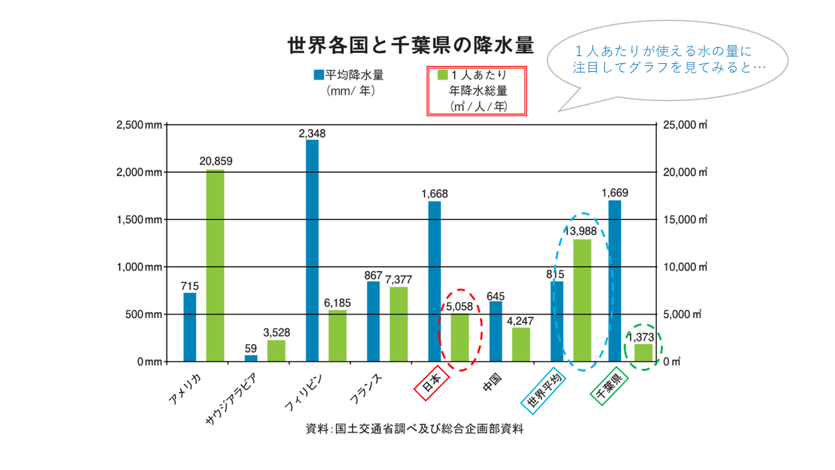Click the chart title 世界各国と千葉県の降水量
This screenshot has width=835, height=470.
[411, 46]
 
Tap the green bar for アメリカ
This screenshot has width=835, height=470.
[215, 265]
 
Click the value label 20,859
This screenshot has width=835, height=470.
[216, 161]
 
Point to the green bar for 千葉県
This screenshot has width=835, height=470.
[643, 352]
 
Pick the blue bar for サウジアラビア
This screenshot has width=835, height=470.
[251, 358]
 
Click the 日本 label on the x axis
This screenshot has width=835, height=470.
[432, 386]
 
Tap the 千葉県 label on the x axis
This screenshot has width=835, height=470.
[609, 389]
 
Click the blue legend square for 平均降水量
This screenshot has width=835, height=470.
[318, 74]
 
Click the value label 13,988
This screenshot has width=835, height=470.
[582, 230]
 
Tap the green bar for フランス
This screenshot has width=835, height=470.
[399, 324]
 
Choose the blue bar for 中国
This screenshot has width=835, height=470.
[496, 331]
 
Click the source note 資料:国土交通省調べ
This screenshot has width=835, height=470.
[414, 430]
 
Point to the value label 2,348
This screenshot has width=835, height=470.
[312, 133]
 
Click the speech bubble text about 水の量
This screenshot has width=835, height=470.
[667, 59]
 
